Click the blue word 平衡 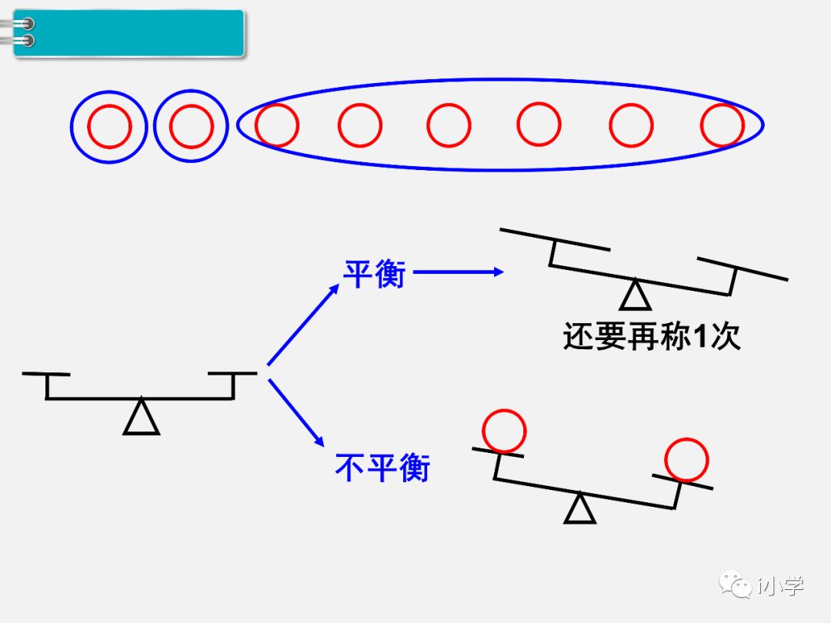point(374,273)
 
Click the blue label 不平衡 point(382,467)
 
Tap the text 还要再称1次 point(651,336)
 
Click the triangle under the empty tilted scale point(636,295)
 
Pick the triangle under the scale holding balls point(579,509)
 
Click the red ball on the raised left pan point(504,431)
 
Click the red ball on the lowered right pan point(686,459)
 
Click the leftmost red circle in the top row point(109,126)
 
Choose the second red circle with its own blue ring point(192,126)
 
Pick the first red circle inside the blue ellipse point(277,125)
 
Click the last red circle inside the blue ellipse point(723,125)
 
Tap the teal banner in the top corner point(129,33)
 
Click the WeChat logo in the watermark point(736,585)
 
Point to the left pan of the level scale point(46,375)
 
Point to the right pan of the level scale point(232,374)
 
